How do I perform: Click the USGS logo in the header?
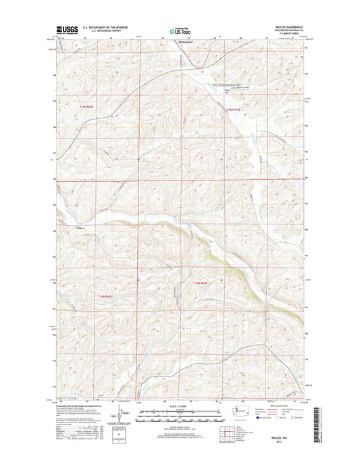coord(67,30)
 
